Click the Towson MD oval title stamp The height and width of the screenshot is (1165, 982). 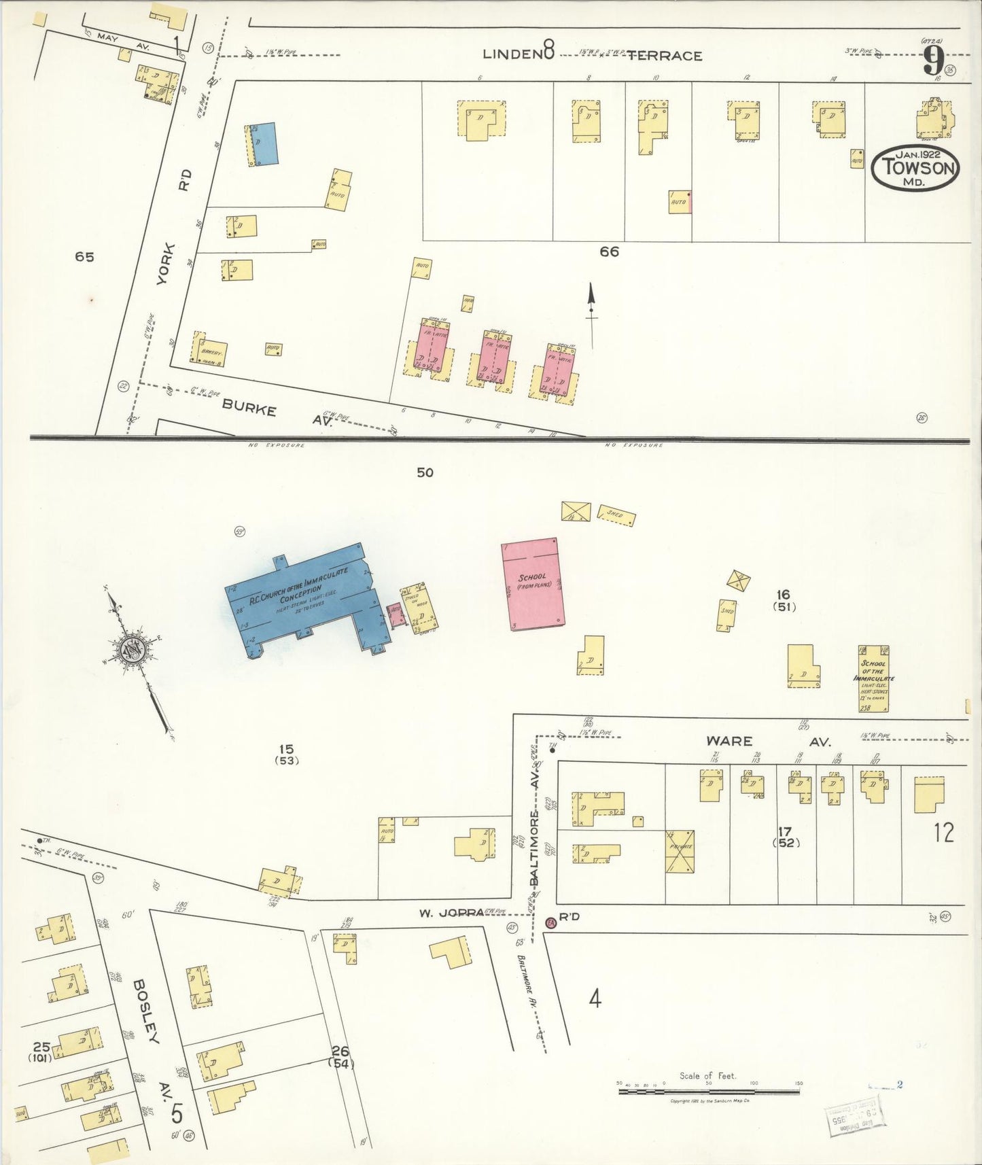(x=915, y=167)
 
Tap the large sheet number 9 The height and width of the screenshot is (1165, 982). (x=934, y=63)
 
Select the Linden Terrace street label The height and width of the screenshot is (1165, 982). (x=591, y=54)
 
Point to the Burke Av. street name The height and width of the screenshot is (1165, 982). (x=277, y=414)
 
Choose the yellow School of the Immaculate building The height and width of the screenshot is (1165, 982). (x=873, y=678)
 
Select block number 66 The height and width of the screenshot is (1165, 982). (x=609, y=252)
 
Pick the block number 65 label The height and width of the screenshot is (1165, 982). (x=84, y=257)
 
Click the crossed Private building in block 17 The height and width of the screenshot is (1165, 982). (x=680, y=850)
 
